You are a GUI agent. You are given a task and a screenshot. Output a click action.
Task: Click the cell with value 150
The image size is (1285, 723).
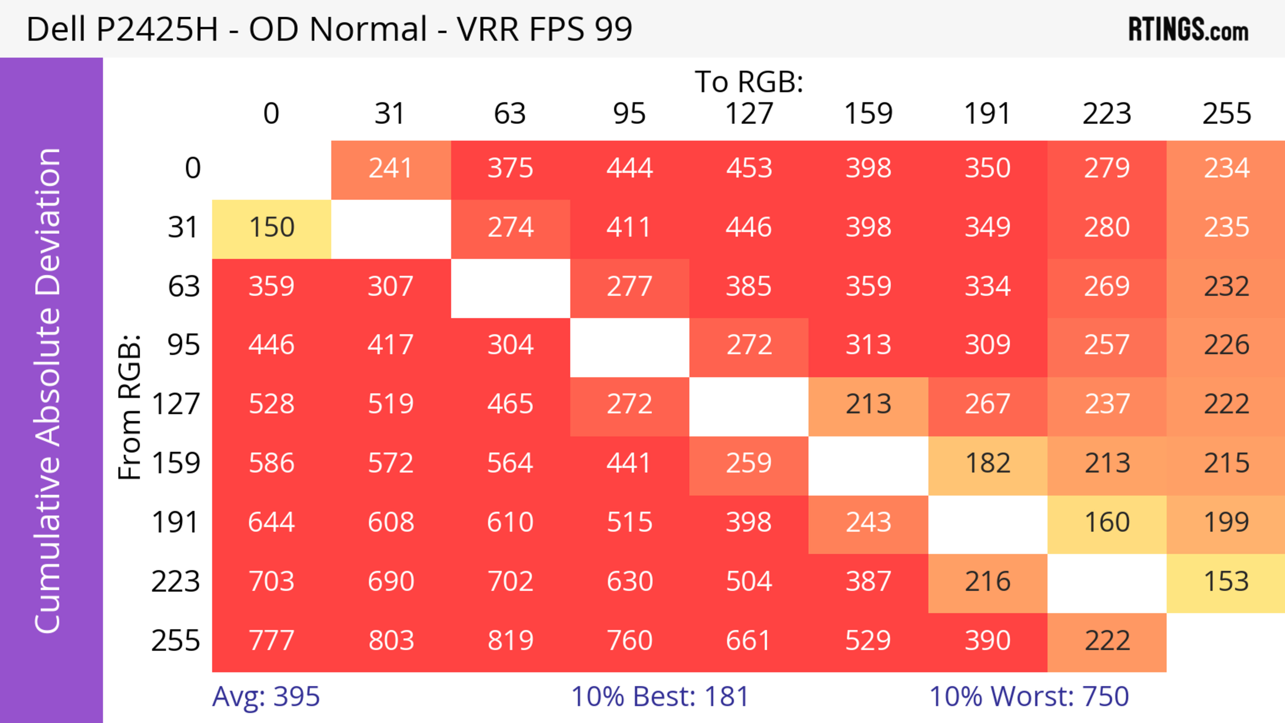coord(271,228)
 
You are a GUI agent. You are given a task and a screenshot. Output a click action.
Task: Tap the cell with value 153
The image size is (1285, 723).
coord(1226,582)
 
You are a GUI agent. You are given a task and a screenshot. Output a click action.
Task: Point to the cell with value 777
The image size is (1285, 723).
coord(271,641)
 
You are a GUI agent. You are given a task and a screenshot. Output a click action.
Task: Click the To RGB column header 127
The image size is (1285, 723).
coord(749,114)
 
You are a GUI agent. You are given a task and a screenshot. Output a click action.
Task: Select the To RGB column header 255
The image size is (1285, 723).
coord(1226,114)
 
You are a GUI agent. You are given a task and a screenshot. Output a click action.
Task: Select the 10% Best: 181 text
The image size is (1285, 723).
coord(660,697)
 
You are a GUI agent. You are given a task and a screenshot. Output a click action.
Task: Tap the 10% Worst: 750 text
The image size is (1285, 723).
coord(1029,697)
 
